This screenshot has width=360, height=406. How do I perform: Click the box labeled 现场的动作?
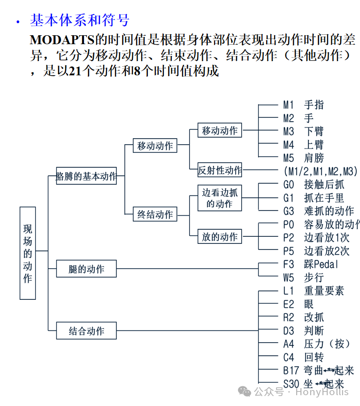[28, 253]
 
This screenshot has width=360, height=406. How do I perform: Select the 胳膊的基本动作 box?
[86, 176]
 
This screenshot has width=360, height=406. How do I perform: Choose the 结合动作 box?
[86, 331]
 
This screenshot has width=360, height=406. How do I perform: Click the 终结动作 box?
[155, 215]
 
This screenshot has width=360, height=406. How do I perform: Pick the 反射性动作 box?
[220, 170]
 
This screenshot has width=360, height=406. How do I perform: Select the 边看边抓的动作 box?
[220, 197]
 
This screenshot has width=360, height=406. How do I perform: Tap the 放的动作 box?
[220, 237]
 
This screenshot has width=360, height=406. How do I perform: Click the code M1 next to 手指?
[288, 105]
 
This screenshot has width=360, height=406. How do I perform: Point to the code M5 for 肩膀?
[288, 157]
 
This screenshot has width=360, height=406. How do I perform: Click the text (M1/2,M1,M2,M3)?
[321, 170]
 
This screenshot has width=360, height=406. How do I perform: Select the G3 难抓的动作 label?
[318, 211]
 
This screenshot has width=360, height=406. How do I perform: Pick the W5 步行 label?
[303, 277]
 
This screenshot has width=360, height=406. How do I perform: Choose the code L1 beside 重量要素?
[288, 291]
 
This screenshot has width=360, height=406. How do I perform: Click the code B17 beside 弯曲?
[291, 371]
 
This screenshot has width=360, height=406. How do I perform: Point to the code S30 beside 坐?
[291, 384]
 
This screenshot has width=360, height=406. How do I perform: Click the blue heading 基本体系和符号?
[79, 21]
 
